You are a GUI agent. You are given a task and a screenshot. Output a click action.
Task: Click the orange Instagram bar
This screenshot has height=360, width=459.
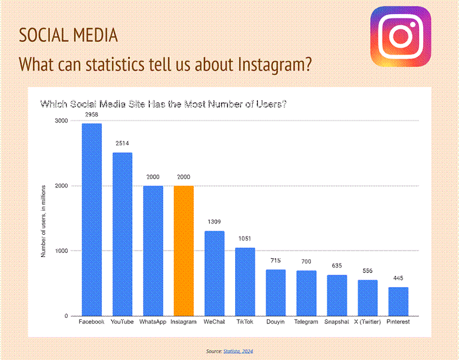(183, 251)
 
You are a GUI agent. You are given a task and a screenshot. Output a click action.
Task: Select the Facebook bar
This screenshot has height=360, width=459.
(92, 219)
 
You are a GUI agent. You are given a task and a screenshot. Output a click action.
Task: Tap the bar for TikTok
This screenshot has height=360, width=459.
(245, 282)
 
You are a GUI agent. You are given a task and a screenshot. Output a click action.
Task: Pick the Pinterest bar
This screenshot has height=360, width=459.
(398, 301)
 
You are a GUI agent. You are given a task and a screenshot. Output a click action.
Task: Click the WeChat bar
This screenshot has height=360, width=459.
(215, 274)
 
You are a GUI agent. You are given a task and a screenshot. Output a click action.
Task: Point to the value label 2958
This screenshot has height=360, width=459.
(92, 115)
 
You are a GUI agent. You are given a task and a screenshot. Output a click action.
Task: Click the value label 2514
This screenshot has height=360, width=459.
(122, 144)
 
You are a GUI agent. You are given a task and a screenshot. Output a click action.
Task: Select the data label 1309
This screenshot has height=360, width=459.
(215, 222)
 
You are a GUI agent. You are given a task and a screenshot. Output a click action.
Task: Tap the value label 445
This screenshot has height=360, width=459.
(398, 278)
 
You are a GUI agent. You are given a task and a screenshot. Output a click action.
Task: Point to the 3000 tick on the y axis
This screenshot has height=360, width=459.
(61, 121)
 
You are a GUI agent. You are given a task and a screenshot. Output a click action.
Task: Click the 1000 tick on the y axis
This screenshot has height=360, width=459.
(61, 251)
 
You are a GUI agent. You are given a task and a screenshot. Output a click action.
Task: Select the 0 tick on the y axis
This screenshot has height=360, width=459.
(66, 316)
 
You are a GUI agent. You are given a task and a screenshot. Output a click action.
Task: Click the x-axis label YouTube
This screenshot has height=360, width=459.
(122, 322)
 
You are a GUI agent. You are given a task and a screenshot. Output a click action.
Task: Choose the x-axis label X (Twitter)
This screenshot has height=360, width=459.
(367, 322)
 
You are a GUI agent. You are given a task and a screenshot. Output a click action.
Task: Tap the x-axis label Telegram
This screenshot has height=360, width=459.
(306, 322)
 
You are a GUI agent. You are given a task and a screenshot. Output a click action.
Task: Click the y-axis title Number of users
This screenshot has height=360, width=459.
(43, 221)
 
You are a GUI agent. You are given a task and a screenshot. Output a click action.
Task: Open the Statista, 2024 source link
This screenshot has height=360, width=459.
(238, 351)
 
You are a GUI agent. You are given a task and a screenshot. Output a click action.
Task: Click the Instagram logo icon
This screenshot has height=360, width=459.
(400, 36)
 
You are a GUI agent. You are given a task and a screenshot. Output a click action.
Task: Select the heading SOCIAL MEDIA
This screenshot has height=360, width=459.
(68, 35)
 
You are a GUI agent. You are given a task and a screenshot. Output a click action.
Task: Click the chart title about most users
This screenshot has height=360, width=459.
(163, 104)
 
